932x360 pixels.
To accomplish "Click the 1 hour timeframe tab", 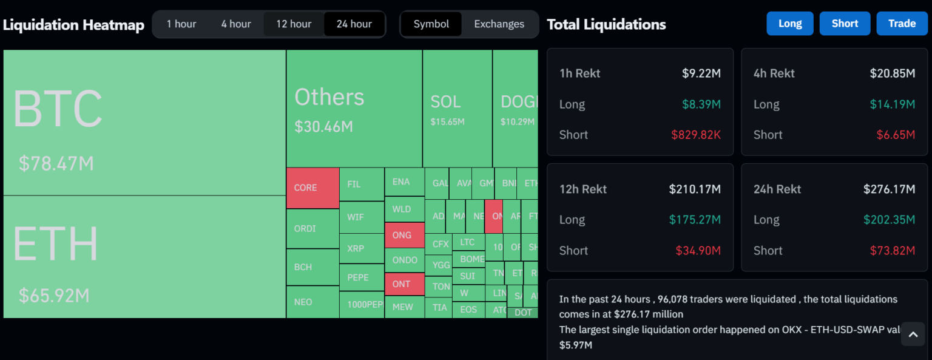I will click(x=181, y=24).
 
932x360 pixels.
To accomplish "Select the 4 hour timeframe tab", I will click(x=236, y=24).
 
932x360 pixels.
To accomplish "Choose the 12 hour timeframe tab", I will click(x=294, y=24).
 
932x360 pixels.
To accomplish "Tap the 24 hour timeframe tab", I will click(x=354, y=24).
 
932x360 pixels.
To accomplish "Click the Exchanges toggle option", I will click(x=499, y=24).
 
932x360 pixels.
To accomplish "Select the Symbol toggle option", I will click(x=431, y=24).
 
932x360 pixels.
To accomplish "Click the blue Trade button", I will click(x=902, y=24).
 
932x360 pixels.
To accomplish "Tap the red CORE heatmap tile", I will click(x=312, y=188).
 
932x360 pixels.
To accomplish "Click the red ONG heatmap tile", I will click(x=404, y=235).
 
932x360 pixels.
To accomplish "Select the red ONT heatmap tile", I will click(x=404, y=284).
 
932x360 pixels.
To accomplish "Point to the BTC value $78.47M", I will click(x=56, y=163).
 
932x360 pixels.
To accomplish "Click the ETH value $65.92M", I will click(x=54, y=296).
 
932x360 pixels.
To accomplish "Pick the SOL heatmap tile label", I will click(x=446, y=102).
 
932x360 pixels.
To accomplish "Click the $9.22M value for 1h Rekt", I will click(x=701, y=73).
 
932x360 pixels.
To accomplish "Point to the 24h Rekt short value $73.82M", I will click(x=891, y=251).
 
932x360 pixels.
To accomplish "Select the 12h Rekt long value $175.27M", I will click(x=695, y=220).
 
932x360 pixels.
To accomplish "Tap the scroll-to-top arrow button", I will click(x=913, y=334).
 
